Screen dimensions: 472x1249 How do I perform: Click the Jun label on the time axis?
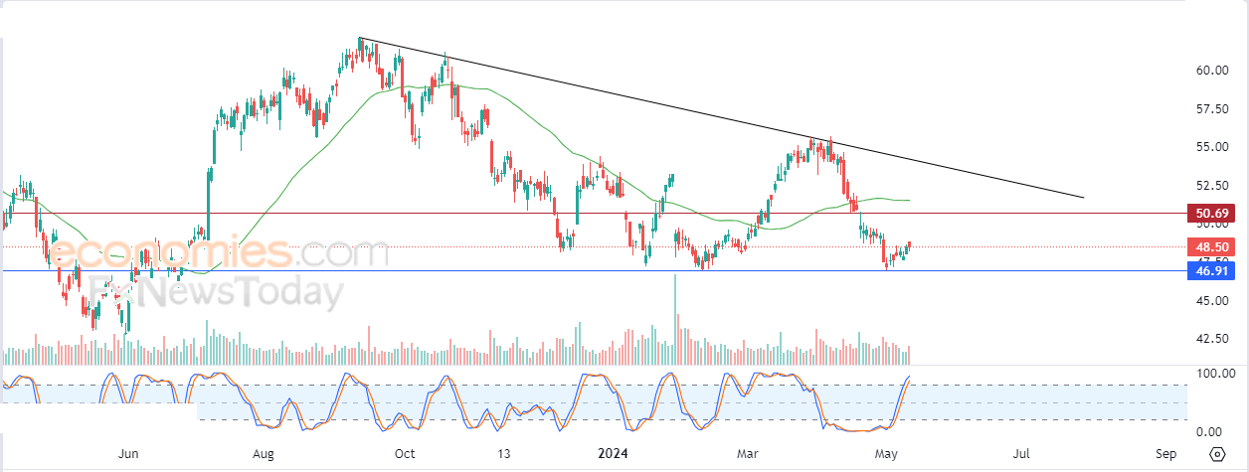(x=128, y=454)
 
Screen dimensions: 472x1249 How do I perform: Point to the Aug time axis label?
(x=264, y=454)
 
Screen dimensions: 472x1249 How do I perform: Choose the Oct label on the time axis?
(x=405, y=454)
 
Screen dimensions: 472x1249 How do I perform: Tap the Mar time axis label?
(x=748, y=454)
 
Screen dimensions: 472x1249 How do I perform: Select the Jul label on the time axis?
(x=1021, y=454)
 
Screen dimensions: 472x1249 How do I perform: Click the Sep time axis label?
(x=1167, y=454)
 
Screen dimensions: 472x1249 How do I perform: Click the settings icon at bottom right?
(x=1217, y=454)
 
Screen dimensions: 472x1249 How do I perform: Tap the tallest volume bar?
(x=676, y=318)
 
